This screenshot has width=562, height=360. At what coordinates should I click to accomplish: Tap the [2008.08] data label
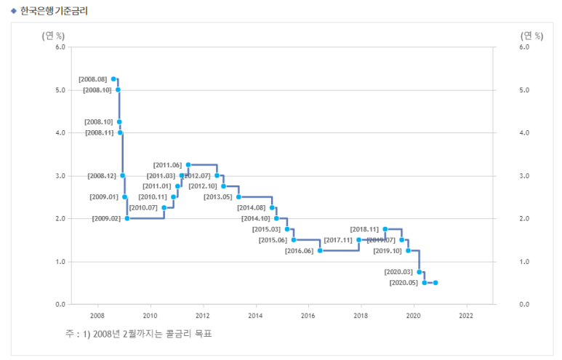tap(93, 79)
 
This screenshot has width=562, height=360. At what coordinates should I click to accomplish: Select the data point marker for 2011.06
tap(188, 165)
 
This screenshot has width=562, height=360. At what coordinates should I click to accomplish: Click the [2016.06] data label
tap(299, 251)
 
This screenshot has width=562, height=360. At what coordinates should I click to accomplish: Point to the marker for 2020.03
tap(420, 272)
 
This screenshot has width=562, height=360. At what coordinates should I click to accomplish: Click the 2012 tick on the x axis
tap(203, 316)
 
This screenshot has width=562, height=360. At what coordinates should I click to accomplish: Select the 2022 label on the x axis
tap(466, 316)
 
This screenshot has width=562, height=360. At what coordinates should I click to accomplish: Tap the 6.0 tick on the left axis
tap(60, 47)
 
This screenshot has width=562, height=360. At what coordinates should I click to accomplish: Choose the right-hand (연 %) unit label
tap(531, 36)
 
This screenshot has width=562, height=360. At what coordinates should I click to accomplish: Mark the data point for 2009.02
tap(127, 218)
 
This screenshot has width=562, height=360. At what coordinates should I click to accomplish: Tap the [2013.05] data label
tap(217, 197)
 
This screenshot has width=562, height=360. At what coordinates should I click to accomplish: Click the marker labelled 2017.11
tap(359, 240)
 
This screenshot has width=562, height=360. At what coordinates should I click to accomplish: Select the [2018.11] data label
tap(364, 229)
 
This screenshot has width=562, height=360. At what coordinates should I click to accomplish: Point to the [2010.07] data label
tap(143, 208)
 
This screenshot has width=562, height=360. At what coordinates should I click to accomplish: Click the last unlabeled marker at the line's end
tap(435, 283)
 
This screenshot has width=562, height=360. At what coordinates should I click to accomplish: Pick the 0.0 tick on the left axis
tap(60, 304)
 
